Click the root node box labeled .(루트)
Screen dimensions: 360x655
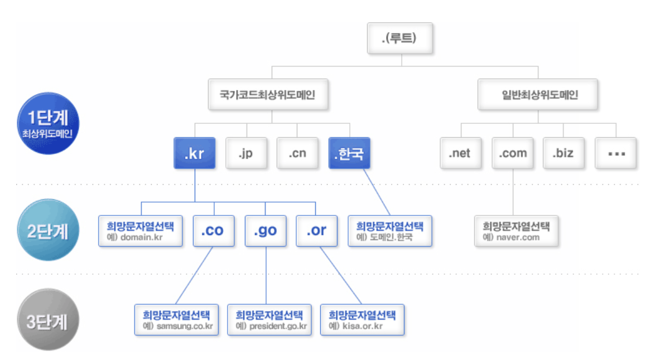399,39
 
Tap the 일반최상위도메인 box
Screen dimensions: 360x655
538,94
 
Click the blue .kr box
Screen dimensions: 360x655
194,153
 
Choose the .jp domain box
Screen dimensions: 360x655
246,153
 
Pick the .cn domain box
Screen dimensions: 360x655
297,153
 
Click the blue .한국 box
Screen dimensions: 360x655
349,153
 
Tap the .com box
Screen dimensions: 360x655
513,153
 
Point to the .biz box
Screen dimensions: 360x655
563,153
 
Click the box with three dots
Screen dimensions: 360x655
616,153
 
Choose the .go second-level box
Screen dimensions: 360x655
266,231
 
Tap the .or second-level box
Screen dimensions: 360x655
317,231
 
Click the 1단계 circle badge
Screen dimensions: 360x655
49,123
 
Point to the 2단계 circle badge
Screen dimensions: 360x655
49,231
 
